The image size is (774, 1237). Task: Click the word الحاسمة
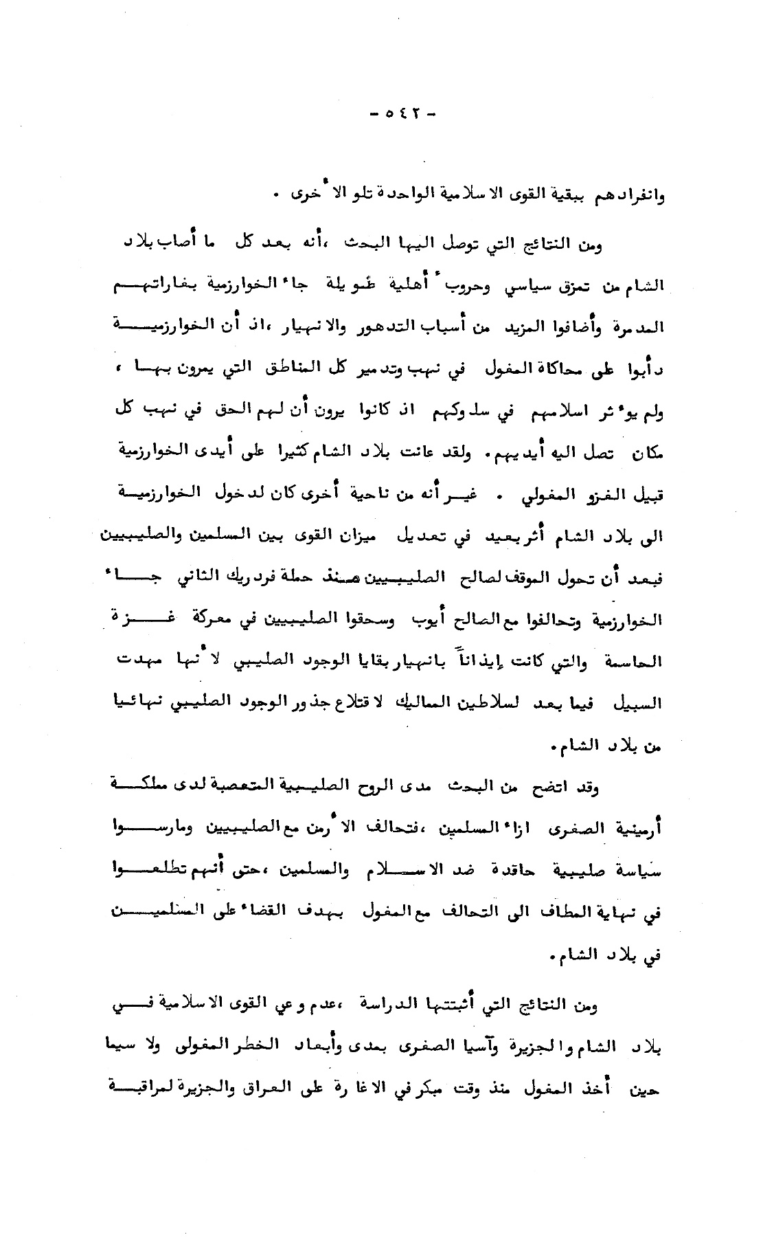pyautogui.click(x=633, y=662)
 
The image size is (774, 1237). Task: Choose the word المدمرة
pyautogui.click(x=633, y=328)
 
